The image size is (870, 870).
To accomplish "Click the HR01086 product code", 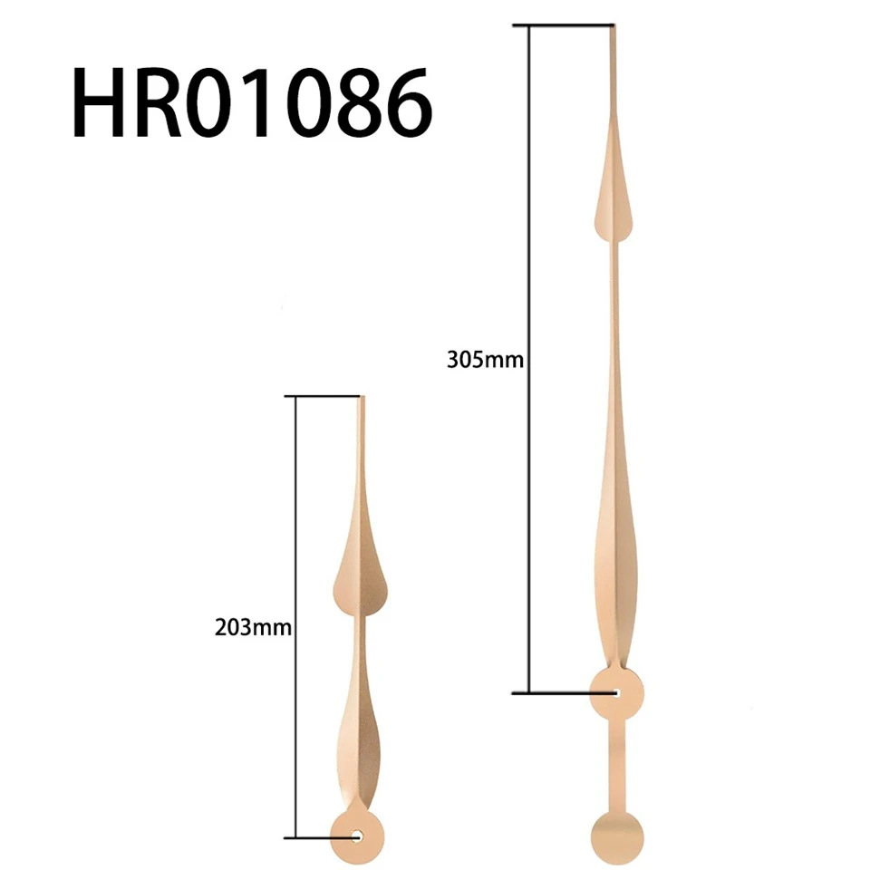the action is tap(252, 102).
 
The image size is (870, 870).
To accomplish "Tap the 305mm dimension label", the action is tap(485, 361).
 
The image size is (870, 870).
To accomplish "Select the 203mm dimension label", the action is tap(253, 627).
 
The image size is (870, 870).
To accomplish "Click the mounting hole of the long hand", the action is tap(616, 692).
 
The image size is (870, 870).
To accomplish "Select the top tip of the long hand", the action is tap(613, 25).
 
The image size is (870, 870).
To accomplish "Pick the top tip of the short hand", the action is tap(362, 397).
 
